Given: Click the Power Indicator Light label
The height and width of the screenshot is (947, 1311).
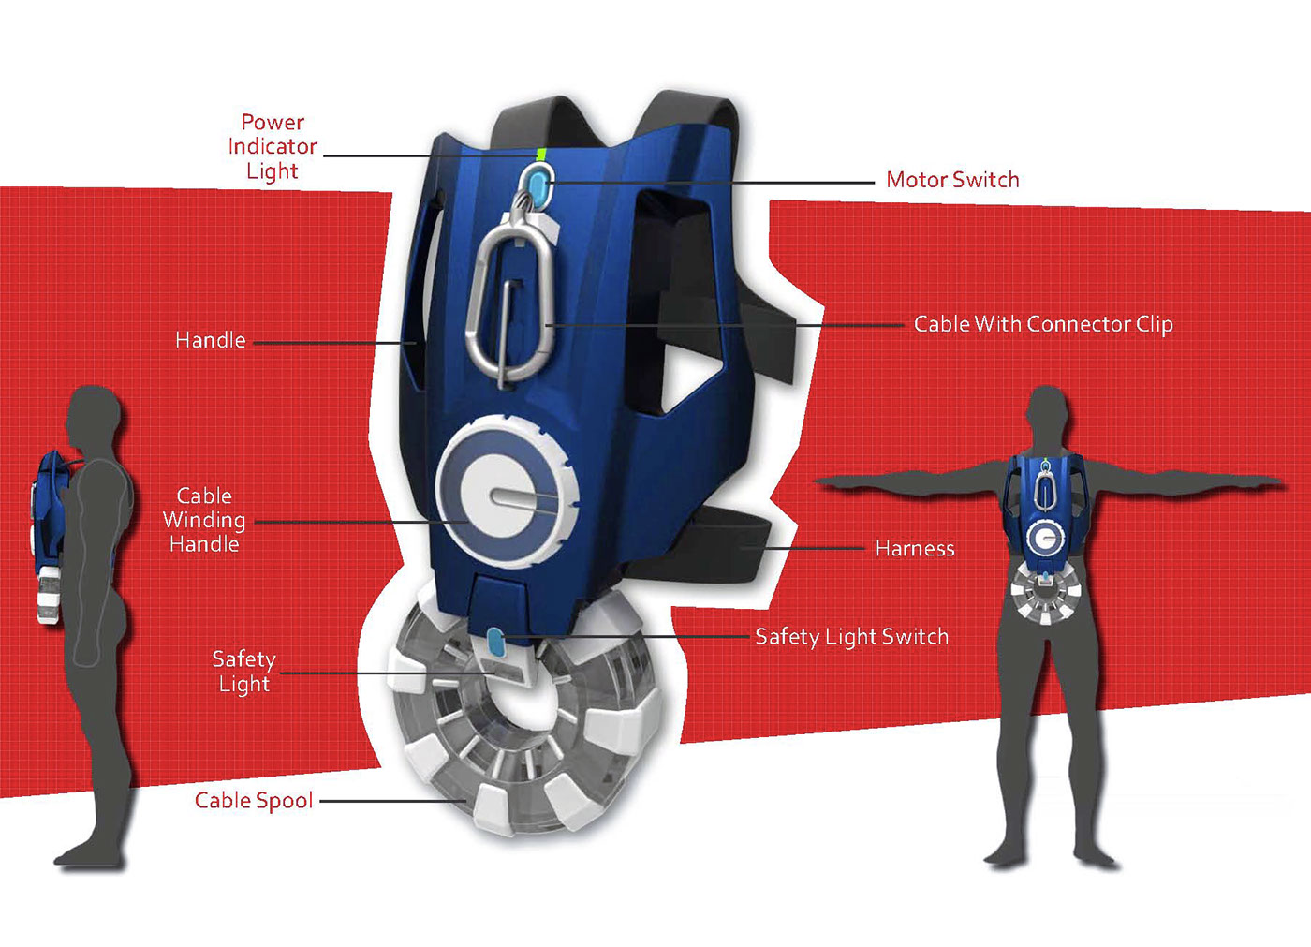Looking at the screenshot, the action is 273,147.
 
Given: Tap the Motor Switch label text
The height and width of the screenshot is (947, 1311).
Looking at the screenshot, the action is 952,180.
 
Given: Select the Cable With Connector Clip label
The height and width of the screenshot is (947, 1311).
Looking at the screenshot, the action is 1043,324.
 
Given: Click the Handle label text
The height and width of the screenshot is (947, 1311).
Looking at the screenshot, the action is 211,340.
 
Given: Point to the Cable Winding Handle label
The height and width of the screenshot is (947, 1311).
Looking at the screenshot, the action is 204,520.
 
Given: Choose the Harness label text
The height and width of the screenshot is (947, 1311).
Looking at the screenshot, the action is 915,549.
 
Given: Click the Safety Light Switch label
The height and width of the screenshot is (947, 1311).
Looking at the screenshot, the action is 851,637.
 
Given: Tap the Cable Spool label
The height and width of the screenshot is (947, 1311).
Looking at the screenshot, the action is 254,801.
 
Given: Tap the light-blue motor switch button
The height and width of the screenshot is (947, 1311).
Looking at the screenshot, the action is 540,178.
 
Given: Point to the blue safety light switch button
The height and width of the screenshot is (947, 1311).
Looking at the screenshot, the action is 495,644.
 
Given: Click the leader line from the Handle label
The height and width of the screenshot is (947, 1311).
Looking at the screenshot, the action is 332,343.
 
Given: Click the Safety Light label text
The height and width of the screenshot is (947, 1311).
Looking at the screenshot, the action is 243,672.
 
